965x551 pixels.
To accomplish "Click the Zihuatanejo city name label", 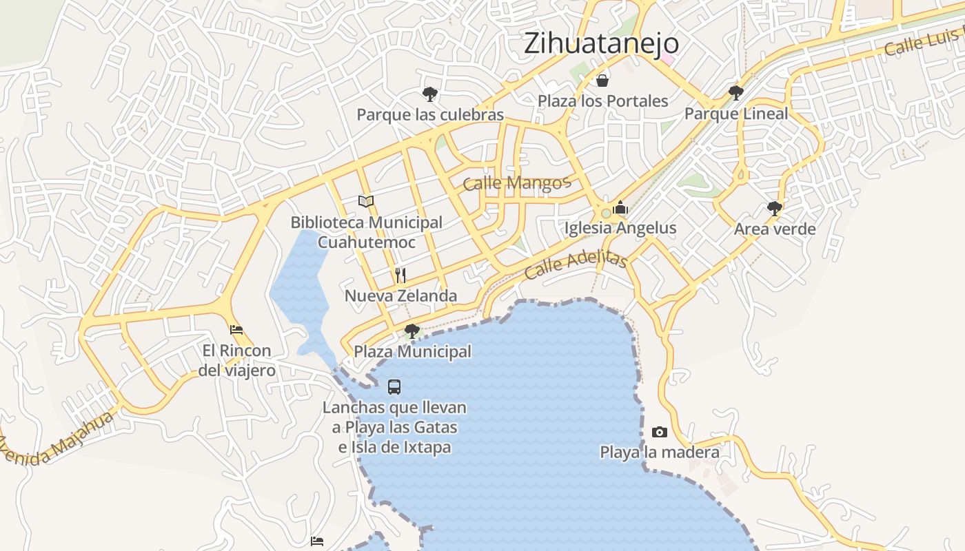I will pos(601,43).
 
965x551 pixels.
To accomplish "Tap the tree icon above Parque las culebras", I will pos(430,94).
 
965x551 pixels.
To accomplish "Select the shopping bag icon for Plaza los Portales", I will pos(602,81).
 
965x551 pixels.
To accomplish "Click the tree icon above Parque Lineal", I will pos(735,92).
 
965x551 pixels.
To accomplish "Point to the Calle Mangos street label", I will pos(517,183).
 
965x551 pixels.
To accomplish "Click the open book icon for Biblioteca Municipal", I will pos(366,201).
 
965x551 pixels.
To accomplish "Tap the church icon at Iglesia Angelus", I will pos(620,207).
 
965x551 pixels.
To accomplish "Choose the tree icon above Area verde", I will pos(775,208).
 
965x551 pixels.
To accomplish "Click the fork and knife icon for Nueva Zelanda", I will pos(400,275).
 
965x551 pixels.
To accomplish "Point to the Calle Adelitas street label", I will pos(576,264).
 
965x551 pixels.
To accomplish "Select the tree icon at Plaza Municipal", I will pos(412,331).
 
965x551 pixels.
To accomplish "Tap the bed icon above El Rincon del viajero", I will pos(236,330).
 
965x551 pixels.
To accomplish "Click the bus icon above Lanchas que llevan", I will pos(394,387).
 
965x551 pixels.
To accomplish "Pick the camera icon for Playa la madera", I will pos(660,432).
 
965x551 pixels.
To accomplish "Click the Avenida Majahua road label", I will pos(55,441).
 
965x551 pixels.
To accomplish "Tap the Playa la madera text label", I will pos(660,453).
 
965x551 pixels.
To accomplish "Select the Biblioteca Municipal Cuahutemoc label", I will pos(366,232).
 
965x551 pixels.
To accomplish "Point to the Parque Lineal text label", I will pos(735,114).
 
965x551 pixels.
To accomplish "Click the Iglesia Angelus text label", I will pos(620,228).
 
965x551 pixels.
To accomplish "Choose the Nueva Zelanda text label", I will pos(400,296).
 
